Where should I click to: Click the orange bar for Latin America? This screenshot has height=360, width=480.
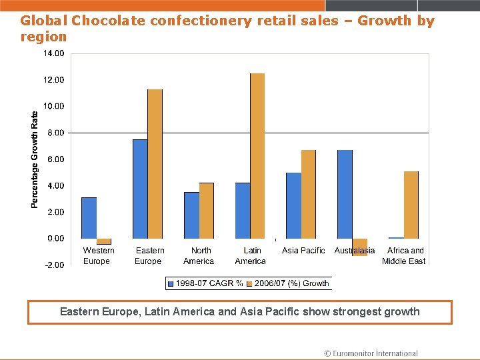257,156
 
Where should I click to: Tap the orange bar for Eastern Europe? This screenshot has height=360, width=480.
155,164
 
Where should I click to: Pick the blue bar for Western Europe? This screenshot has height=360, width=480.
89,218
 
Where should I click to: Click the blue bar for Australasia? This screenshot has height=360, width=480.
345,194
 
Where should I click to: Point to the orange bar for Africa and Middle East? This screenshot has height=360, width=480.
411,205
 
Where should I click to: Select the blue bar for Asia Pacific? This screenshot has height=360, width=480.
293,205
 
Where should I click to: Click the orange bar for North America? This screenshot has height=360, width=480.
206,211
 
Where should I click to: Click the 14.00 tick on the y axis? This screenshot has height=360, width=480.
55,53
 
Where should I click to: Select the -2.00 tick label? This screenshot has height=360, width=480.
55,265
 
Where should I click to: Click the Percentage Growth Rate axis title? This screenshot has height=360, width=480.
35,159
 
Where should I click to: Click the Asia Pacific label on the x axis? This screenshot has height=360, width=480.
303,251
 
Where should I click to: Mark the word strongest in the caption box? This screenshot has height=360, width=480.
358,311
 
